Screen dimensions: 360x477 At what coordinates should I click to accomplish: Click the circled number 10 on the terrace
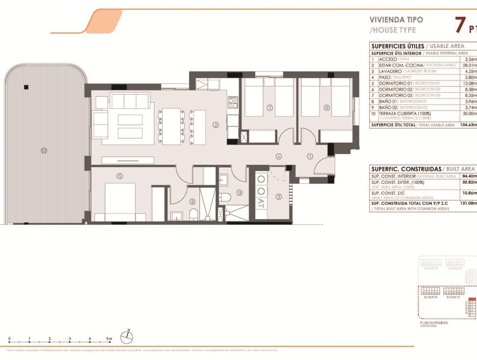tap(44, 151)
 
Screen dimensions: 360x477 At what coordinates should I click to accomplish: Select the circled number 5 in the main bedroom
tap(120, 176)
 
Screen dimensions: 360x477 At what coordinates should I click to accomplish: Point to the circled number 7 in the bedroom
tap(270, 108)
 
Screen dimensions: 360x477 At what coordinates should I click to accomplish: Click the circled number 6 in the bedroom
tap(327, 108)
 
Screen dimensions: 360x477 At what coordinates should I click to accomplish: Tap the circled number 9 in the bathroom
tap(239, 193)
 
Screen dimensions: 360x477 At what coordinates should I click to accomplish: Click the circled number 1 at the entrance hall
tap(310, 157)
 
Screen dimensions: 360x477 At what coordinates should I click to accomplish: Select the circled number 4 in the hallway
tap(279, 157)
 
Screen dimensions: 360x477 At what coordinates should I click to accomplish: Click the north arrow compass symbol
tap(127, 336)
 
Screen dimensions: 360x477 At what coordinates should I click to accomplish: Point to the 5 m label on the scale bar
tap(109, 338)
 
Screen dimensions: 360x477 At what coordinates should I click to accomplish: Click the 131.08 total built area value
tap(468, 203)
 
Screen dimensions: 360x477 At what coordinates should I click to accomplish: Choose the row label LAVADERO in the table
tap(392, 71)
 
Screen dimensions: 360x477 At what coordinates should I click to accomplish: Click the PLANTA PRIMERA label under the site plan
tap(434, 323)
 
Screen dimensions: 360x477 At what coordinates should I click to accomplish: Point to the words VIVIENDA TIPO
tap(390, 19)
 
